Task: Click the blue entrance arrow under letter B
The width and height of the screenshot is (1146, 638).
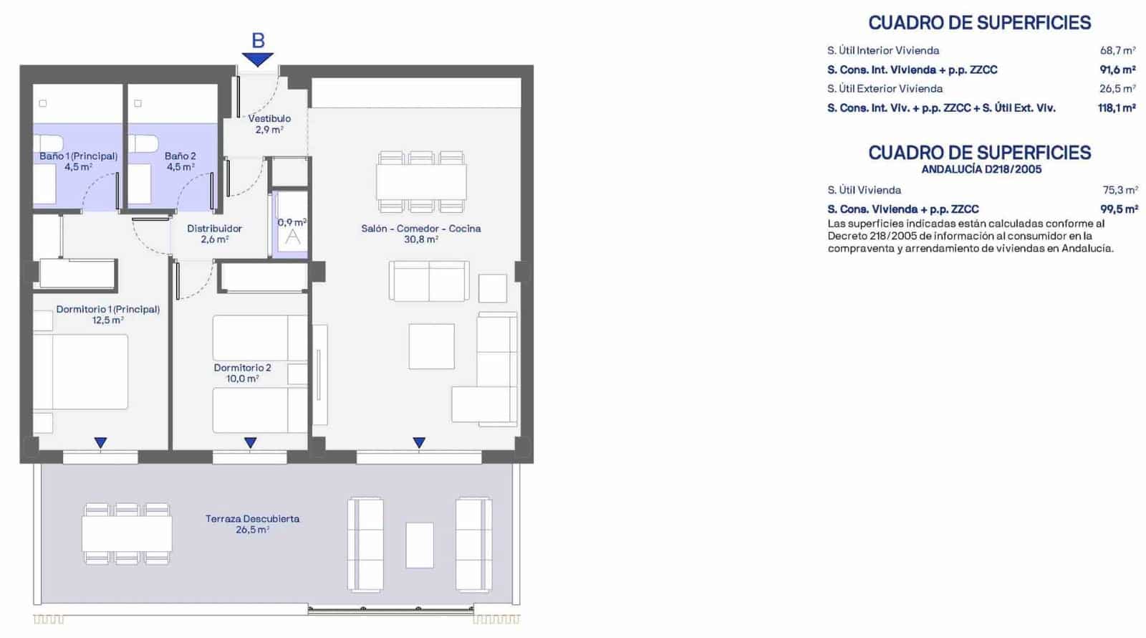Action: [257, 59]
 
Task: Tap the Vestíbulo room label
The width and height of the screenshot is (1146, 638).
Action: [269, 118]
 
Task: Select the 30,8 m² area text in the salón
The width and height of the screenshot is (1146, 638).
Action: [420, 239]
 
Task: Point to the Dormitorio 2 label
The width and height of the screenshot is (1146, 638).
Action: [242, 368]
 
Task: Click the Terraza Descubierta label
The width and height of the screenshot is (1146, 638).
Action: [252, 518]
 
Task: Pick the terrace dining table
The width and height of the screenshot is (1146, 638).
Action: [127, 534]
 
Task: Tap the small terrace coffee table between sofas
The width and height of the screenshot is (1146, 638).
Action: [420, 546]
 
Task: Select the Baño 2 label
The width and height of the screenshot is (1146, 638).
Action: [180, 156]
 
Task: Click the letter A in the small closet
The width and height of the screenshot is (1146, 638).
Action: [292, 237]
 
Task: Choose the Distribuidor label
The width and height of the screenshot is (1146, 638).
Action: [214, 229]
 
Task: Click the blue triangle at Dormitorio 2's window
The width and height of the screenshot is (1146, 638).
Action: [250, 443]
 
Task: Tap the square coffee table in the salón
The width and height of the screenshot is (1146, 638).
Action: [431, 346]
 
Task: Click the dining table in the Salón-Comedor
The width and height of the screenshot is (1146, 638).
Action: [421, 182]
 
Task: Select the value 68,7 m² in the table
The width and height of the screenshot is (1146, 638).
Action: [1117, 51]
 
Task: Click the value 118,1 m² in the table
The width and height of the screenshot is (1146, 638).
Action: [1116, 108]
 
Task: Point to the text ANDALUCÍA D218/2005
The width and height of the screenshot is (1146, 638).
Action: [981, 170]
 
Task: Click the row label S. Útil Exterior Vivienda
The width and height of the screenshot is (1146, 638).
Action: [885, 89]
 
